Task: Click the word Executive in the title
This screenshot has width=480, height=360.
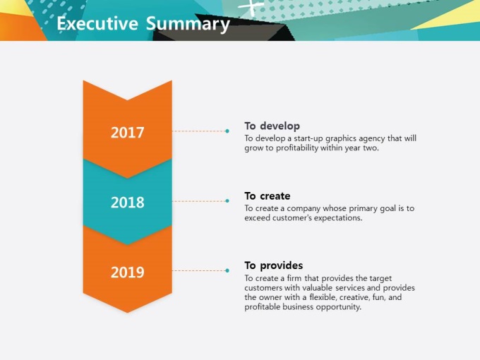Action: tap(97, 23)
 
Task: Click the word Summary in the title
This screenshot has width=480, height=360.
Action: tap(188, 24)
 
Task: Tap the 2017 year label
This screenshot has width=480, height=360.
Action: tap(127, 133)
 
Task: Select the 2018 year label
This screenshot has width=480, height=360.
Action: tap(127, 203)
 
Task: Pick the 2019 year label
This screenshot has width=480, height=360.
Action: tap(127, 272)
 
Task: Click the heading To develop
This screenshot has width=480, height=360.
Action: tap(272, 126)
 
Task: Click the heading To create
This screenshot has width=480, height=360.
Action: tap(268, 196)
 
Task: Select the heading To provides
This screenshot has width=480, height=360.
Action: tap(274, 265)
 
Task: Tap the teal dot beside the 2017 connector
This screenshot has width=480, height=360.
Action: tap(227, 131)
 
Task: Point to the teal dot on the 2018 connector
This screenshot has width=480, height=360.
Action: tap(227, 200)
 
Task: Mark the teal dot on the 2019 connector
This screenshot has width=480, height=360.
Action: tap(227, 270)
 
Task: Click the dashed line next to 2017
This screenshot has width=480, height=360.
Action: tap(198, 131)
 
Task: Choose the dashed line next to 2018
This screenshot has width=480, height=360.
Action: tap(198, 201)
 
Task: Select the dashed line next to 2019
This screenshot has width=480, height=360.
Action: tap(198, 270)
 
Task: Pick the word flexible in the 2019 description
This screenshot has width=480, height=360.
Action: tap(323, 297)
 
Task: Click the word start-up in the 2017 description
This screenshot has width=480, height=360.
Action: tap(308, 138)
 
